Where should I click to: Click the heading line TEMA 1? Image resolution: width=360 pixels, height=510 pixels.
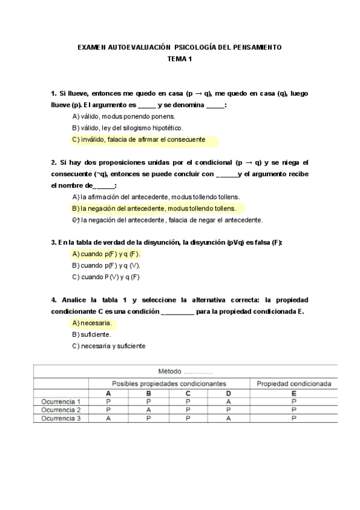point(180,58)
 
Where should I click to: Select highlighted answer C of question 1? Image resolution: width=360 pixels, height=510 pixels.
point(139,140)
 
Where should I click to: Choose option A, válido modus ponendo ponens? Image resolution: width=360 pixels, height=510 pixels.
point(123,116)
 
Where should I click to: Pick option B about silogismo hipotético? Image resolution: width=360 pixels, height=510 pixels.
point(127,128)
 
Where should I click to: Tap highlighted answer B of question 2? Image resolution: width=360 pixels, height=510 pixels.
point(154,209)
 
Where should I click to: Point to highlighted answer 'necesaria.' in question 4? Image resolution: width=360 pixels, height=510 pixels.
point(91,323)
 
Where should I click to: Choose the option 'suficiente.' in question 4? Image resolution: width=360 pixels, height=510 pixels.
point(91,334)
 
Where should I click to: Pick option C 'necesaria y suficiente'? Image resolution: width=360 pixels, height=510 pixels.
point(108,346)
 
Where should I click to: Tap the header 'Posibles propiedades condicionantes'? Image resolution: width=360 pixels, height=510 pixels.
point(169,383)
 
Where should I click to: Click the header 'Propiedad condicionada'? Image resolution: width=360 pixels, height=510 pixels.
point(294,383)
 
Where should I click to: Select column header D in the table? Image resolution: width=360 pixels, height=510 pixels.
point(228,393)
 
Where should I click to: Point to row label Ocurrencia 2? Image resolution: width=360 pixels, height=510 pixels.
point(61,410)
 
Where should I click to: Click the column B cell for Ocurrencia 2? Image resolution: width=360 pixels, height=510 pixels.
point(148,410)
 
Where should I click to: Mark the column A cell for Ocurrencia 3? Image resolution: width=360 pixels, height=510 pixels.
point(108,418)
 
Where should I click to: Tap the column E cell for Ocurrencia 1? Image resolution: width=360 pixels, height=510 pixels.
point(294,401)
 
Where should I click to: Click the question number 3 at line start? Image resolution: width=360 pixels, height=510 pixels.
point(53,242)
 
